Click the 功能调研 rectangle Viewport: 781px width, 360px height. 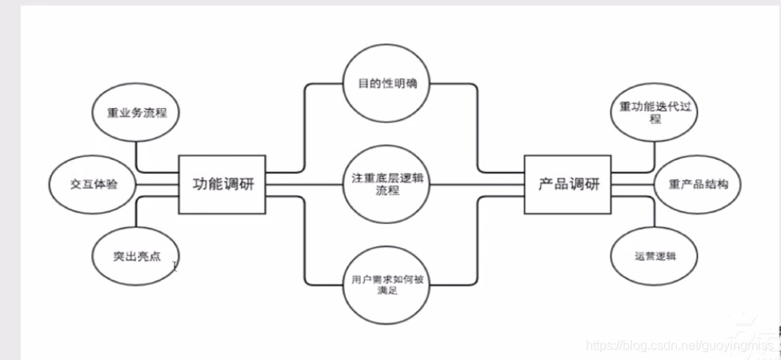(x=222, y=184)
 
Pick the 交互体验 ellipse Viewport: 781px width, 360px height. (x=87, y=184)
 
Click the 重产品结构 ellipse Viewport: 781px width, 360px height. (x=697, y=184)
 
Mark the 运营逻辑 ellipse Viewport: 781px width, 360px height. (x=655, y=256)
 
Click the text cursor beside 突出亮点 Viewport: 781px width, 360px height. (x=175, y=266)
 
